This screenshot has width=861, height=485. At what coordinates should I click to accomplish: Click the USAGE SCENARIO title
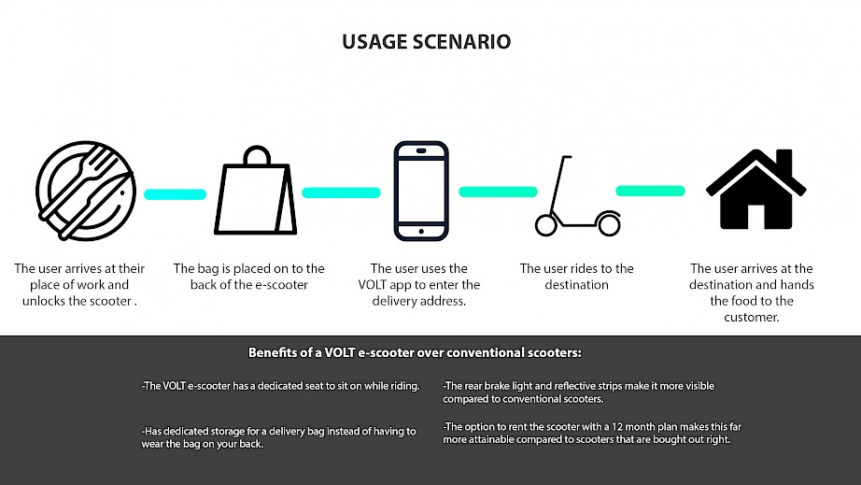pyautogui.click(x=426, y=42)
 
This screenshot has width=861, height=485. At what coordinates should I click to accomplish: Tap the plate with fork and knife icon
pyautogui.click(x=86, y=191)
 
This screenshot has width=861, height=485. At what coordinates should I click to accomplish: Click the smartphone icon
pyautogui.click(x=421, y=192)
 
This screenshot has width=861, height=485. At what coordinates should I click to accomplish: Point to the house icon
pyautogui.click(x=756, y=189)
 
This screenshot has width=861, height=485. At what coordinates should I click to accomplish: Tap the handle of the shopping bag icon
pyautogui.click(x=257, y=154)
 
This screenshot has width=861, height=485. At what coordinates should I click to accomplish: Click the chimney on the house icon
pyautogui.click(x=784, y=161)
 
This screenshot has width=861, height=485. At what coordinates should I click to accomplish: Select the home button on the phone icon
pyautogui.click(x=421, y=231)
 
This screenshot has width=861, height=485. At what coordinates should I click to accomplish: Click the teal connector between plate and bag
pyautogui.click(x=176, y=193)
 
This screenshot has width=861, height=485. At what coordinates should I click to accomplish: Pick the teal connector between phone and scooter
pyautogui.click(x=498, y=192)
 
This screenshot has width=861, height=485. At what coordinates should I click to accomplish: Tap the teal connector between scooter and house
pyautogui.click(x=650, y=191)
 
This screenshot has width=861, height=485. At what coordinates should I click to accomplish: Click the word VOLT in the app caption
pyautogui.click(x=373, y=284)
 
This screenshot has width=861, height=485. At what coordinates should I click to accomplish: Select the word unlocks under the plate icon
pyautogui.click(x=42, y=301)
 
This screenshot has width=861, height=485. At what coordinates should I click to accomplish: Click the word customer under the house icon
pyautogui.click(x=751, y=318)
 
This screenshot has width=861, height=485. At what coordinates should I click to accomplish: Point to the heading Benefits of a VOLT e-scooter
pyautogui.click(x=415, y=352)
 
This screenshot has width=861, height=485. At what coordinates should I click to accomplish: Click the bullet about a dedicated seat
pyautogui.click(x=280, y=386)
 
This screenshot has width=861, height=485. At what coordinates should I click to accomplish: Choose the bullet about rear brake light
pyautogui.click(x=579, y=392)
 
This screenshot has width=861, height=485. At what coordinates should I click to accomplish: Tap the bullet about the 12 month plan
pyautogui.click(x=592, y=433)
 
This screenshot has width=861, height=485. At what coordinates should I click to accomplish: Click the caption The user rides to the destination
pyautogui.click(x=576, y=277)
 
